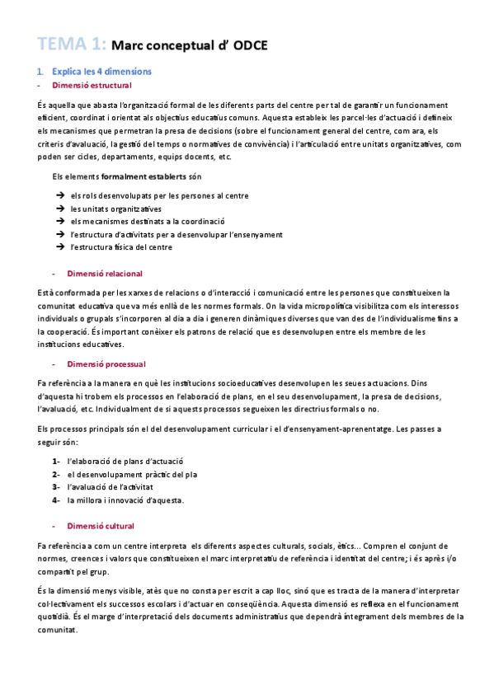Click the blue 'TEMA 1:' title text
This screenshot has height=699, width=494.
pyautogui.click(x=71, y=45)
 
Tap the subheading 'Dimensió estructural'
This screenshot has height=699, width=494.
pyautogui.click(x=91, y=86)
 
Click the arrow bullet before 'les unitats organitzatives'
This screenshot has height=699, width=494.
pyautogui.click(x=60, y=209)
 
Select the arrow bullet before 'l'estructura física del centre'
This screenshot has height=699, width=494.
pyautogui.click(x=60, y=247)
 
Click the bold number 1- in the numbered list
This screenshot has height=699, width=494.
pyautogui.click(x=55, y=462)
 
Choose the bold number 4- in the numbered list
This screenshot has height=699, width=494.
pyautogui.click(x=55, y=500)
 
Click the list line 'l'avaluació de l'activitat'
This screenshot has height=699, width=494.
pyautogui.click(x=122, y=487)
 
